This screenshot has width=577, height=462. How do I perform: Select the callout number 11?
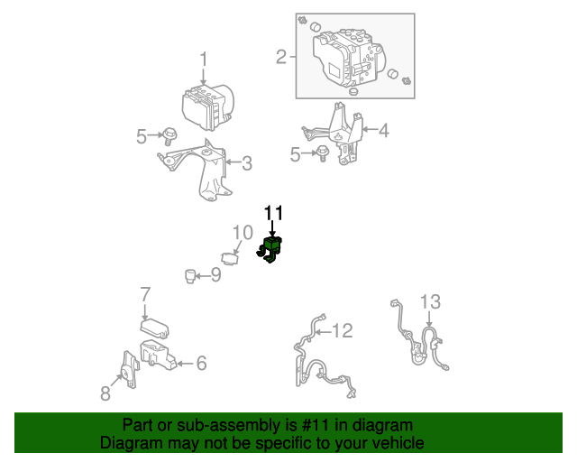[x=274, y=213]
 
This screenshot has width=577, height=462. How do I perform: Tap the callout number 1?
[x=204, y=60]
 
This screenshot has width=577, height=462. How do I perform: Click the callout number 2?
[x=281, y=57]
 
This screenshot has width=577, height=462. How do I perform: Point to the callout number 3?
[x=247, y=163]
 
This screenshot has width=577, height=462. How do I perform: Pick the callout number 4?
[x=384, y=131]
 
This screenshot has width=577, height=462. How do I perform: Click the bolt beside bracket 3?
[x=169, y=136]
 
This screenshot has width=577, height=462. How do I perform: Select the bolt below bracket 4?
[x=324, y=152]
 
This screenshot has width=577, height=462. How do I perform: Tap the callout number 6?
[x=201, y=364]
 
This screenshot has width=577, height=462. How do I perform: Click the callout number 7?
[x=146, y=295]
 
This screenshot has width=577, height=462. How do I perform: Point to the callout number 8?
[x=105, y=393]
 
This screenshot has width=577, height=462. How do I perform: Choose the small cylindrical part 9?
[x=190, y=276]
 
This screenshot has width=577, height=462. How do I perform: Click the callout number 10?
[x=243, y=233]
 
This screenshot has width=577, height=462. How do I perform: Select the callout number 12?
[x=343, y=330]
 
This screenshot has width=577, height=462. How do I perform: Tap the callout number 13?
[x=430, y=301]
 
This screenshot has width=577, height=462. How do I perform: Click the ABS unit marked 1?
[x=208, y=107]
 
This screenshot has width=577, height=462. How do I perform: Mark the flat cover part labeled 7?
[x=154, y=328]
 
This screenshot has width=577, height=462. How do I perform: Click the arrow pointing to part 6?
[x=185, y=364]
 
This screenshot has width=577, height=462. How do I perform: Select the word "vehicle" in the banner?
[x=401, y=442]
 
